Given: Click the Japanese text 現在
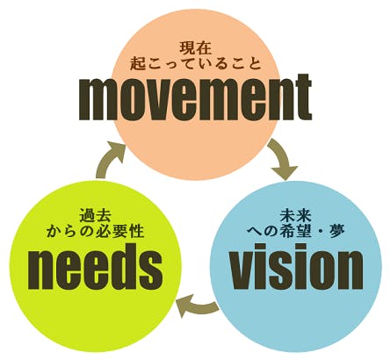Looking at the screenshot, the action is (x=195, y=48).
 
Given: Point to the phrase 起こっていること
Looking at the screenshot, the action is (x=195, y=63).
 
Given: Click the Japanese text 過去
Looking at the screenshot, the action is (x=95, y=215).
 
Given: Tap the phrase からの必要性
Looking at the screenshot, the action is (x=95, y=231).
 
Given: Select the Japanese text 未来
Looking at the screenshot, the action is (x=296, y=216).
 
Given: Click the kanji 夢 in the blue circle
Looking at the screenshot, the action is (x=337, y=231).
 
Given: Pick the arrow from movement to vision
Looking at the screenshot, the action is (x=284, y=158).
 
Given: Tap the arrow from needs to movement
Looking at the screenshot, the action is (x=109, y=158).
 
